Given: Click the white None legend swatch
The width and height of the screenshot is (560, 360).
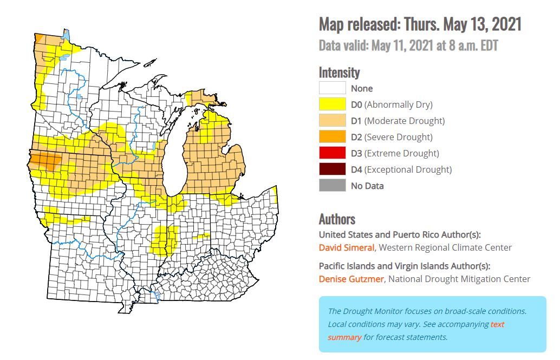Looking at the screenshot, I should point(332,88).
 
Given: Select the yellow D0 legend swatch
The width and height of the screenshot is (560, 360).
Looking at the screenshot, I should point(332,104).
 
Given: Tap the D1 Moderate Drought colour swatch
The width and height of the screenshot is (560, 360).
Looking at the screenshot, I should point(332,121).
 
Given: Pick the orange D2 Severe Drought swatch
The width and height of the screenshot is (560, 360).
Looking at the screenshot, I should point(332,137).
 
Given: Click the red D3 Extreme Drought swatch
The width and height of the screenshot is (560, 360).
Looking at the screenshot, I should point(332,153).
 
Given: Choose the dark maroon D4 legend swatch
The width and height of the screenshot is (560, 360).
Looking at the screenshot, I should point(332,169).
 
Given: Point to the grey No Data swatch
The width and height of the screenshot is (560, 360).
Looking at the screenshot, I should point(332,186).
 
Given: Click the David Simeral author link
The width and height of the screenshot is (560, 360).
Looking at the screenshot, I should point(346,247).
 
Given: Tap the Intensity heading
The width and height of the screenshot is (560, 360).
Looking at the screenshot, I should point(339,72).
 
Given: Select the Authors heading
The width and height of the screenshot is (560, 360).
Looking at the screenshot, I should point(337,219).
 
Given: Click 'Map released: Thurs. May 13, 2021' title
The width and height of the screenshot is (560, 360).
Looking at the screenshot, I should point(420,24).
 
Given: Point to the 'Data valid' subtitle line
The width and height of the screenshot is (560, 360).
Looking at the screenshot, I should point(408,45).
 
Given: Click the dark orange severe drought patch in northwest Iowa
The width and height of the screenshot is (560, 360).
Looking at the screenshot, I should point(46,161).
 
